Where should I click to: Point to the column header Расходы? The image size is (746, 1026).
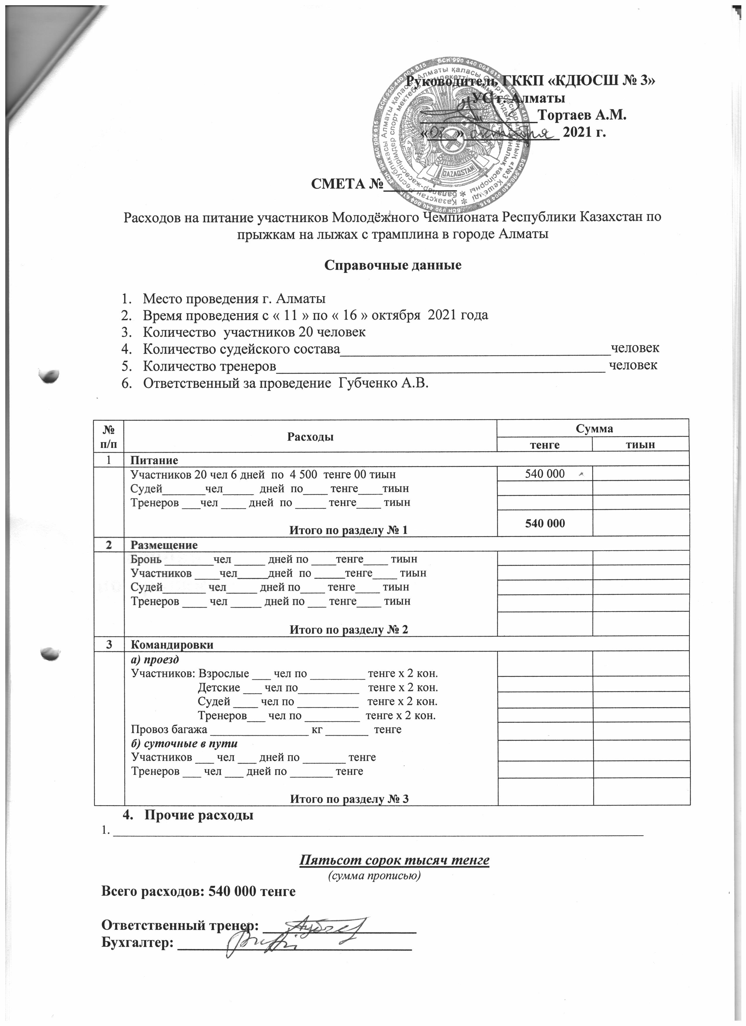point(310,437)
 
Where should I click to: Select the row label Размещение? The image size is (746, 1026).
point(164,545)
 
